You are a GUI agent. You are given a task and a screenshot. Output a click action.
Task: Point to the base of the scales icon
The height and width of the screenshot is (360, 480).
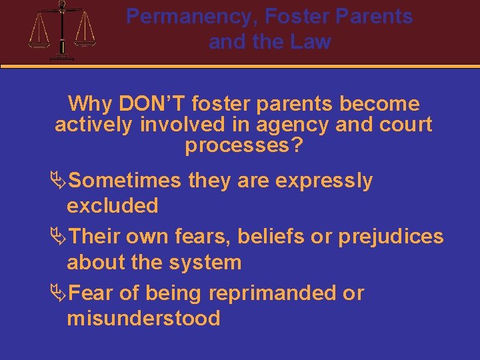[x=62, y=57]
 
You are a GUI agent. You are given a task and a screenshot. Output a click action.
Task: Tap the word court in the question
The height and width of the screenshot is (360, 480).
[x=403, y=125]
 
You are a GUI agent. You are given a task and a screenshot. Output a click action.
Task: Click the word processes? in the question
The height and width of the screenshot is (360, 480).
[x=243, y=145]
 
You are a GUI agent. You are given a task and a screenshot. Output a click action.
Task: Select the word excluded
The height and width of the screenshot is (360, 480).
[x=112, y=205]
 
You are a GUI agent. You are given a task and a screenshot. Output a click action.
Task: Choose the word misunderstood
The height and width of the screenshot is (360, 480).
[x=143, y=318]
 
